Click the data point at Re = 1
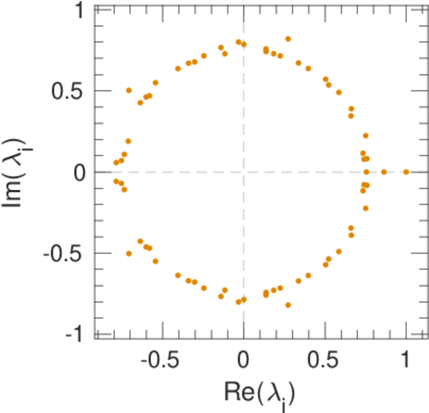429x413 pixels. pyautogui.click(x=406, y=172)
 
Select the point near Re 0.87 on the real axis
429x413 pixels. pyautogui.click(x=384, y=172)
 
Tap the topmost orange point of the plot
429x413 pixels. pyautogui.click(x=288, y=39)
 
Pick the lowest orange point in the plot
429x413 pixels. pyautogui.click(x=288, y=305)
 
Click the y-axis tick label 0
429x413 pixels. pyautogui.click(x=79, y=172)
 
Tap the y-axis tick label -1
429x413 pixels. pyautogui.click(x=76, y=335)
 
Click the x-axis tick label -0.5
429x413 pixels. pyautogui.click(x=160, y=360)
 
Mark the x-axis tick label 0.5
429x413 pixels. pyautogui.click(x=325, y=360)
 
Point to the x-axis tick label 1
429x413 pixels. pyautogui.click(x=406, y=360)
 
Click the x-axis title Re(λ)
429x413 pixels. pyautogui.click(x=259, y=393)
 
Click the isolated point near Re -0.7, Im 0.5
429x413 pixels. pyautogui.click(x=129, y=90)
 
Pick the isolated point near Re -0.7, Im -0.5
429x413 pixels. pyautogui.click(x=129, y=254)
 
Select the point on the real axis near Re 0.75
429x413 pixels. pyautogui.click(x=366, y=172)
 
